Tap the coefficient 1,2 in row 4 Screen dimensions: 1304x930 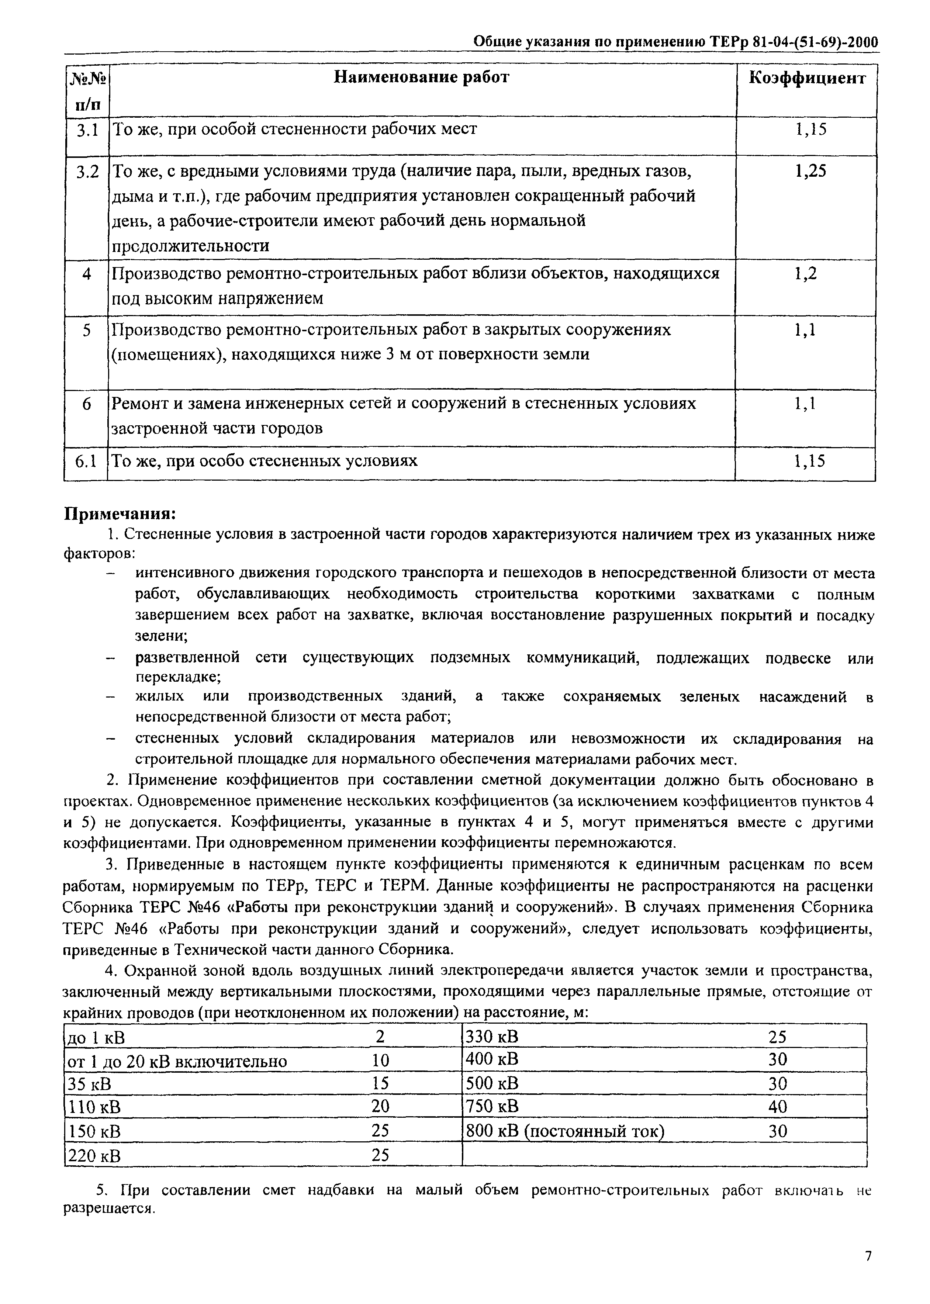click(805, 274)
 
